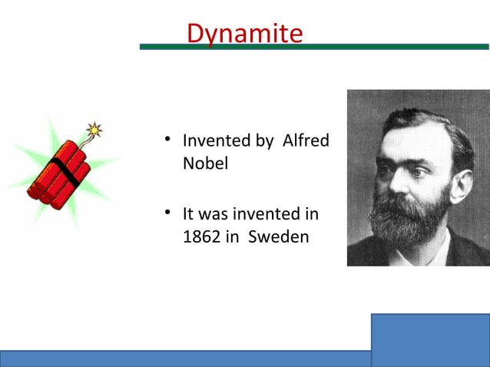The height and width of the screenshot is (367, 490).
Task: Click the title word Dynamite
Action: coord(244,33)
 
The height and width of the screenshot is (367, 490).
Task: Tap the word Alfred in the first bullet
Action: coord(306,141)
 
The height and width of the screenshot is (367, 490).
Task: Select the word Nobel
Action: coord(205,164)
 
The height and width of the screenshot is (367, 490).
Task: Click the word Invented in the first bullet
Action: coord(217,141)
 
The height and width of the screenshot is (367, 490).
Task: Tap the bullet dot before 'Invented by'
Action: coord(166,140)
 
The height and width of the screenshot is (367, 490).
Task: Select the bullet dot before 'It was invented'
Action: coord(166,212)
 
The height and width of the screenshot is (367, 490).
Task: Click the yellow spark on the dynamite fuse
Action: coord(94,129)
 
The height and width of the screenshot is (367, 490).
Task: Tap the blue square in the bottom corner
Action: coord(430,339)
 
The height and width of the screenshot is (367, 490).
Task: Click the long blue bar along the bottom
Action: coord(184,359)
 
